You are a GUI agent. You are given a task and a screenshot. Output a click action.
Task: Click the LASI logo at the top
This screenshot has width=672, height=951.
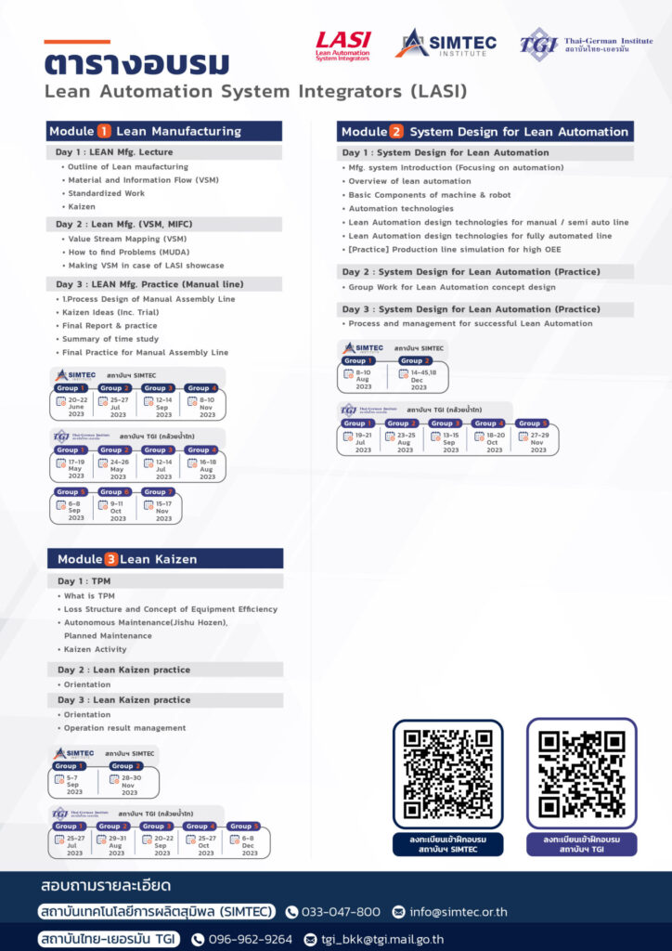(343, 45)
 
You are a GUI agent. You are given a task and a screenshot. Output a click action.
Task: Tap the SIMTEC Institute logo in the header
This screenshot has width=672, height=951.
(446, 43)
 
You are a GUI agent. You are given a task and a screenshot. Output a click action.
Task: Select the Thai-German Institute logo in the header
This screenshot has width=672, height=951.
(585, 44)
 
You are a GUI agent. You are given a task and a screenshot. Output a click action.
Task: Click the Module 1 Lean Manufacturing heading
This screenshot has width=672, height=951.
(164, 131)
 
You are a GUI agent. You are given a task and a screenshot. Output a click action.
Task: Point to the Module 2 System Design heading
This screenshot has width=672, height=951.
(485, 132)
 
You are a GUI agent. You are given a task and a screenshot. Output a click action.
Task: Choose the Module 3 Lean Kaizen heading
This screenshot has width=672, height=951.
(165, 559)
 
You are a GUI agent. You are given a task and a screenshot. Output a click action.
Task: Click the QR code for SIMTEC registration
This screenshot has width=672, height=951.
(447, 774)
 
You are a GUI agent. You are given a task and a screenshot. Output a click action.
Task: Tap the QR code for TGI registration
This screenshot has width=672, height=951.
(581, 774)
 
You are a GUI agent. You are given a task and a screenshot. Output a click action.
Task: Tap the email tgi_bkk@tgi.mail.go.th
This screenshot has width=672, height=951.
(381, 939)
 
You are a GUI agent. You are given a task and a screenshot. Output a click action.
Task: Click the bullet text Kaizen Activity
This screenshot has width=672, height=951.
(95, 649)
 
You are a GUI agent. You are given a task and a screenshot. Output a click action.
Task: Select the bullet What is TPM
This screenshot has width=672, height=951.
(89, 595)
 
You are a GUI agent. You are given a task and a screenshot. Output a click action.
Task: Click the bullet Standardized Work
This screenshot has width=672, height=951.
(106, 193)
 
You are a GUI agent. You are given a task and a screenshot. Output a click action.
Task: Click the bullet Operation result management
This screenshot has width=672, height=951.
(124, 728)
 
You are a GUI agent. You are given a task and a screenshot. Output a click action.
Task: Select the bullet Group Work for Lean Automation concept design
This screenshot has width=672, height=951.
(451, 287)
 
